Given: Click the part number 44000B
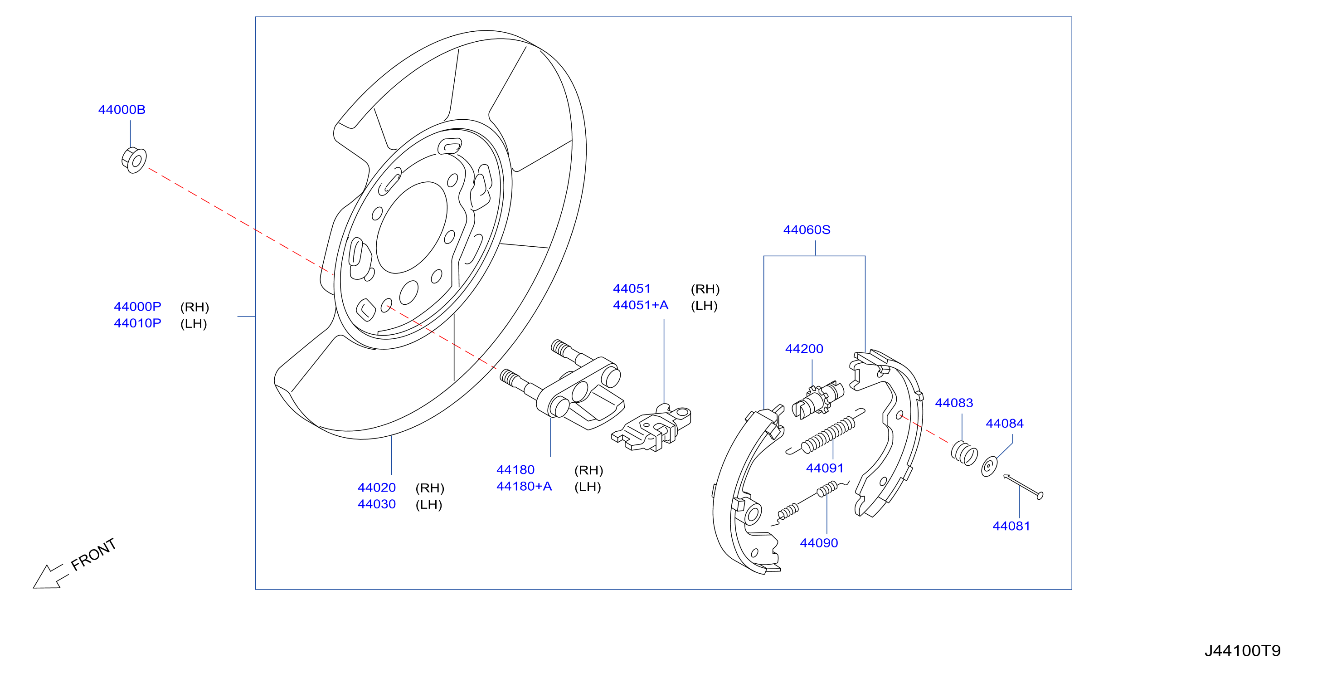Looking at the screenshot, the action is click(x=122, y=110).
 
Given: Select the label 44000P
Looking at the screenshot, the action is click(x=137, y=307).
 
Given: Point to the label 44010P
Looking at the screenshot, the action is click(x=137, y=323).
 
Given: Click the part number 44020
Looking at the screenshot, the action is click(x=376, y=488).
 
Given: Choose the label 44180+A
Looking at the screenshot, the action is click(x=524, y=486).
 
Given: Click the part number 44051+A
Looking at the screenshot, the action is click(x=640, y=305).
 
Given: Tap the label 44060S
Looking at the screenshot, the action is click(x=807, y=229).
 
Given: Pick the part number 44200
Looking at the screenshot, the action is click(x=804, y=349).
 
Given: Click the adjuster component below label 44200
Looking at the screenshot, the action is click(x=817, y=400).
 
